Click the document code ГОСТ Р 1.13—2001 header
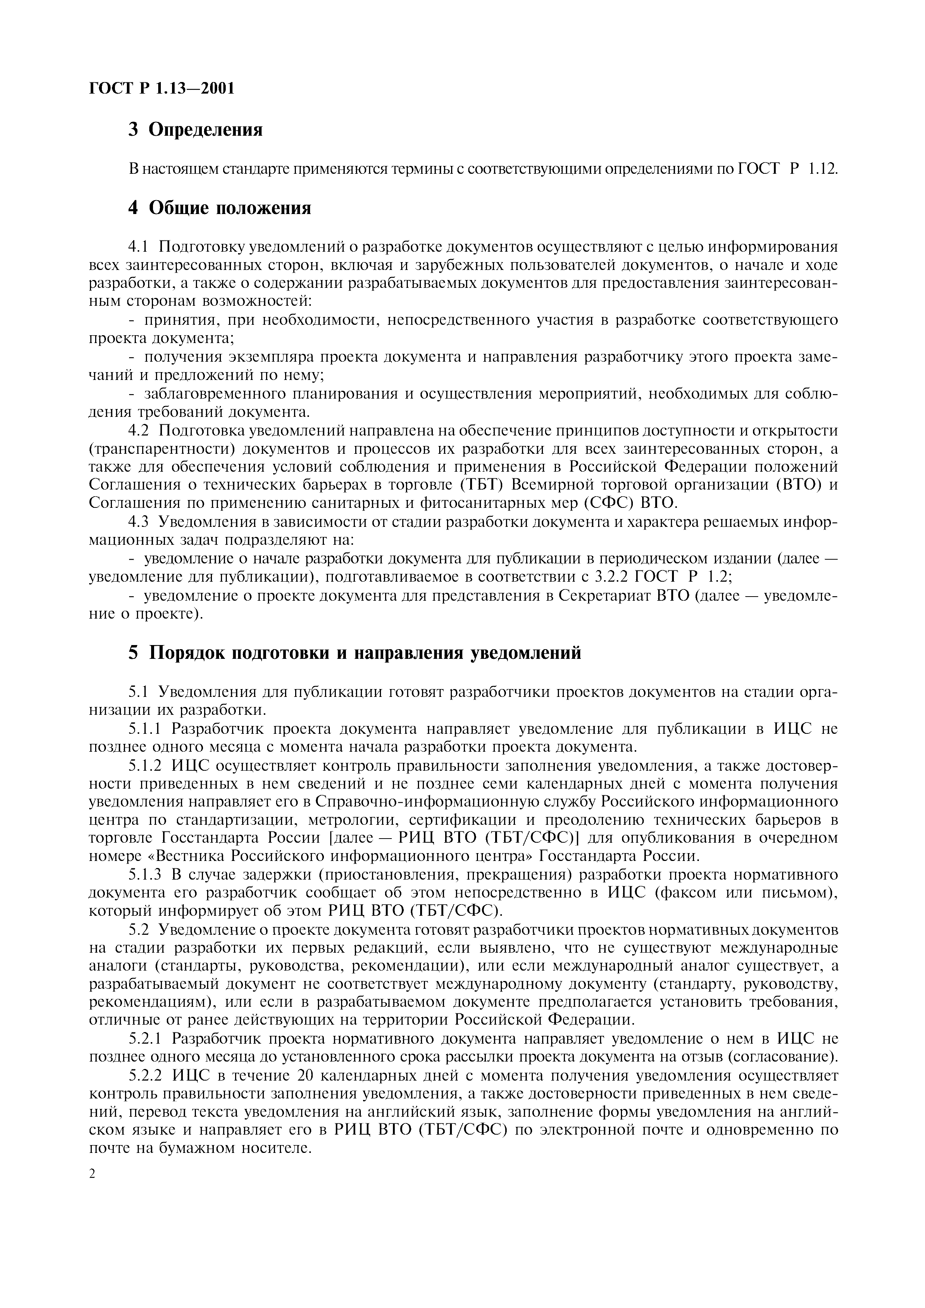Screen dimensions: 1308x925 [x=162, y=88]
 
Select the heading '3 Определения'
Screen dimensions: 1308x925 [x=196, y=130]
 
